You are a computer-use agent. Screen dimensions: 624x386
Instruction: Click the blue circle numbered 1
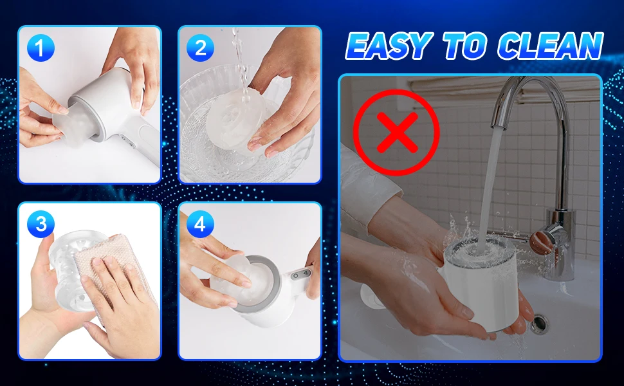[x=41, y=48]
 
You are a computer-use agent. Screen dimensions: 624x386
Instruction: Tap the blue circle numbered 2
[x=200, y=48]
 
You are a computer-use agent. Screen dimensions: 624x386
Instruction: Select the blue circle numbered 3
[x=41, y=224]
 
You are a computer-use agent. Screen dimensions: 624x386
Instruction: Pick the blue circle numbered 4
[x=200, y=224]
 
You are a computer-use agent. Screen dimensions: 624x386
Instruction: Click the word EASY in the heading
[x=389, y=46]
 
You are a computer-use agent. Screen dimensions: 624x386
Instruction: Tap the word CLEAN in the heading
[x=551, y=46]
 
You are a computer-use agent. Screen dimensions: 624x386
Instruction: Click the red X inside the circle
[x=397, y=133]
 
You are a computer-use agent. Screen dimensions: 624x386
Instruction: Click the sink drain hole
[x=539, y=324]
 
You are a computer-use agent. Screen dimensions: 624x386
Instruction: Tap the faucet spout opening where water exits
[x=497, y=127]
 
